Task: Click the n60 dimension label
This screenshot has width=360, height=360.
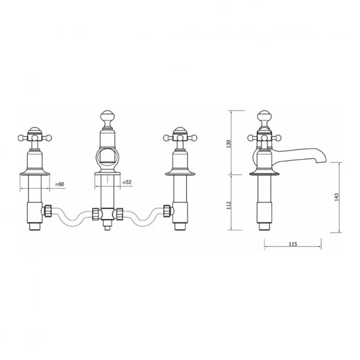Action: (x=59, y=184)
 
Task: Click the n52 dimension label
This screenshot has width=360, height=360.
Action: (x=127, y=183)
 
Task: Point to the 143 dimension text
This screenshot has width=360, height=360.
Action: (x=336, y=197)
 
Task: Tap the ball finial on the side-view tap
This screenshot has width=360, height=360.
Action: (x=264, y=115)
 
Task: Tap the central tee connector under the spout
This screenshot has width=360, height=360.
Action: (x=107, y=214)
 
